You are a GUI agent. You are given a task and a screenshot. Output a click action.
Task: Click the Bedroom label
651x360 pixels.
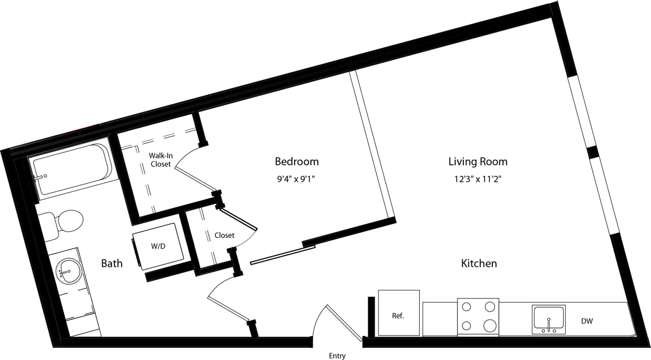297,162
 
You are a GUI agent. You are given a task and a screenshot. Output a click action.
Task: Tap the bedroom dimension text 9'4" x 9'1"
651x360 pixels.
297,178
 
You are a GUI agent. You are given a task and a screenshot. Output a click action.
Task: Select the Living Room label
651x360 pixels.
478,162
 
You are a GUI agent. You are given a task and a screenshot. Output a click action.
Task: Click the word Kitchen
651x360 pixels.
479,263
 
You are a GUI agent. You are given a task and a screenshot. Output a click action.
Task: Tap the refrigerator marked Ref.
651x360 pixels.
398,315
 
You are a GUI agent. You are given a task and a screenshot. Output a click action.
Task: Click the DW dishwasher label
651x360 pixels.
586,321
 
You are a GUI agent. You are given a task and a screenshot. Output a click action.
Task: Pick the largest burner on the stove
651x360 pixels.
490,325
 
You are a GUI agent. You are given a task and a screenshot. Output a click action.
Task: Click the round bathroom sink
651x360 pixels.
68,271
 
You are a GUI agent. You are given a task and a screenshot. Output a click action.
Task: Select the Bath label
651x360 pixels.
111,263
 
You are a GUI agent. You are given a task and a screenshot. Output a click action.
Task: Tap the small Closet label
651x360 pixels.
224,235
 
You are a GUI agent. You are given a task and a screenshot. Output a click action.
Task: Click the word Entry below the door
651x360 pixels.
337,355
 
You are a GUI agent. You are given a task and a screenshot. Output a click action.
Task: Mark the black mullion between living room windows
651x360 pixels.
592,152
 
